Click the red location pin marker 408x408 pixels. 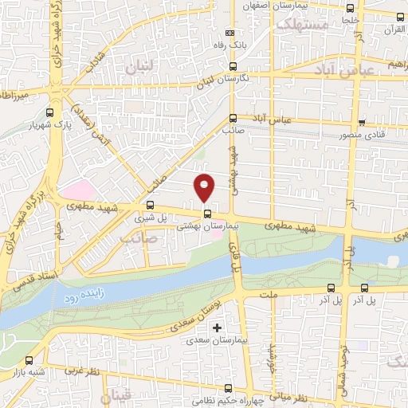tap(205, 187)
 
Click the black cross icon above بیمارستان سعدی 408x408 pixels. tap(216, 328)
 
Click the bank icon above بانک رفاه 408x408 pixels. tap(230, 33)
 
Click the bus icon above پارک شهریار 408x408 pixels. tap(52, 114)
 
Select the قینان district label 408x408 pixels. tap(118, 396)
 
